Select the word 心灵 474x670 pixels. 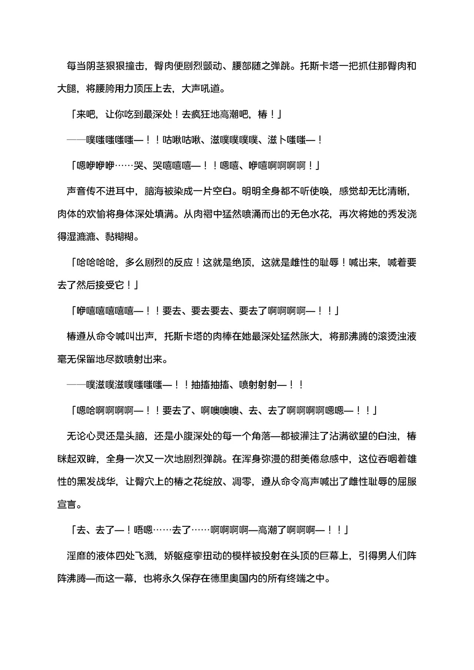(96, 436)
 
